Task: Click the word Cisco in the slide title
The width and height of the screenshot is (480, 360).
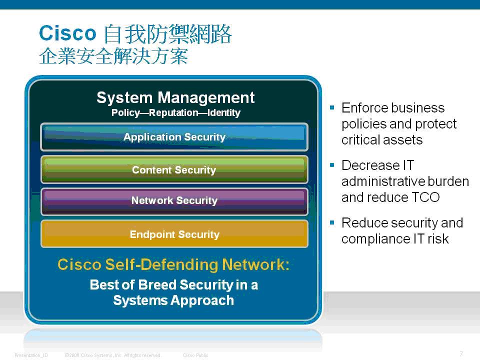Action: [67, 33]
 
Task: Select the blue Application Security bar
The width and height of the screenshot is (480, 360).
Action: [174, 137]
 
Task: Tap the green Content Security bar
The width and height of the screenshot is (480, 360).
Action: [174, 169]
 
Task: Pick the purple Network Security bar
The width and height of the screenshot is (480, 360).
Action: [174, 201]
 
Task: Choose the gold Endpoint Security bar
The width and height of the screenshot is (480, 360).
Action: [174, 234]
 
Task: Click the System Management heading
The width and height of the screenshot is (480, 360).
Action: [175, 98]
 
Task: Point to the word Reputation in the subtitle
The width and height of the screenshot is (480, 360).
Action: [173, 113]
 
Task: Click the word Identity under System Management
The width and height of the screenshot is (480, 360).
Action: [224, 113]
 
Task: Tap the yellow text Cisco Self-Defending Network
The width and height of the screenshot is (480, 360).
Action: [173, 264]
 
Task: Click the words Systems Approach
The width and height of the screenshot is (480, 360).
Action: [173, 300]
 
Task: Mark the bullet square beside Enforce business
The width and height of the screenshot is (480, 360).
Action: [332, 107]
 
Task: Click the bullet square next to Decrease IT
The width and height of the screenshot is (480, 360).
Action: [332, 165]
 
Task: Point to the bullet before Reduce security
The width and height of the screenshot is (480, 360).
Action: [332, 222]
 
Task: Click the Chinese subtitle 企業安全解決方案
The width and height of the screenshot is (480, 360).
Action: [113, 56]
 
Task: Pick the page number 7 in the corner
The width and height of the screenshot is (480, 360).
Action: [461, 354]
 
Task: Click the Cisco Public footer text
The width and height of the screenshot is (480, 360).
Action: [195, 355]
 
